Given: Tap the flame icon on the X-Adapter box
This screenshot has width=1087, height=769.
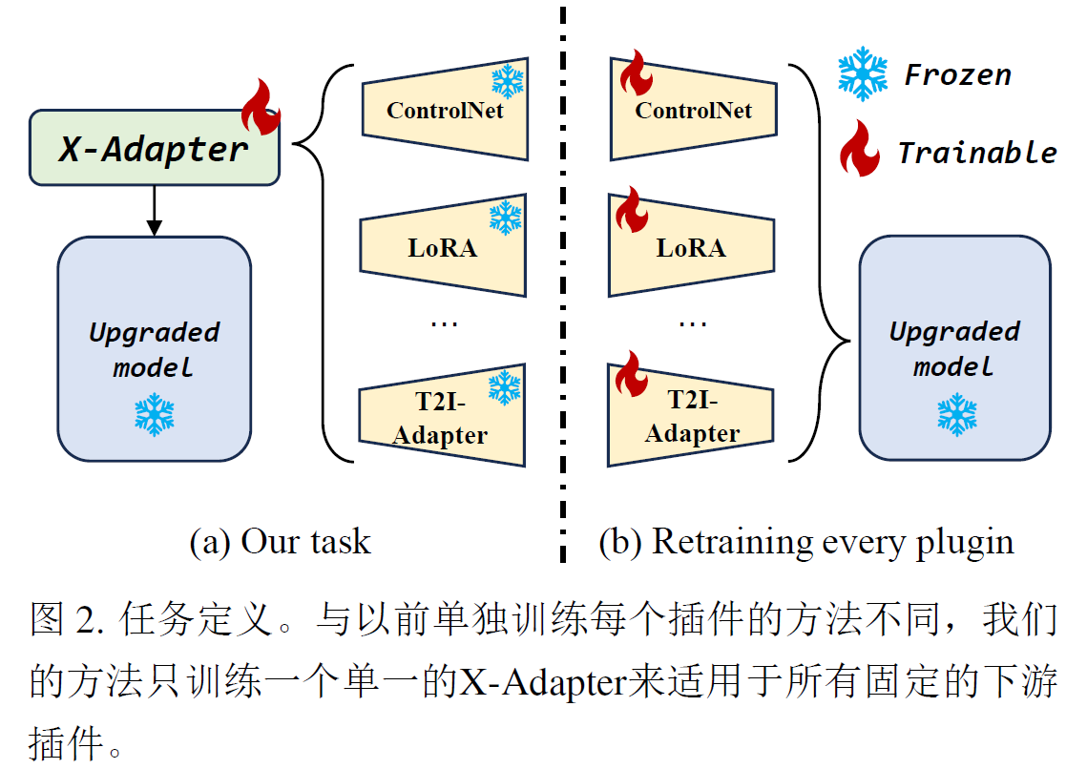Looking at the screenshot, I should [x=261, y=107].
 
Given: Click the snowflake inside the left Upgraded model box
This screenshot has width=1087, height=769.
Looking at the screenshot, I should [x=154, y=414].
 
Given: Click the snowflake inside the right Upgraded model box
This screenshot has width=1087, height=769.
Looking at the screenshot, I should [x=955, y=414].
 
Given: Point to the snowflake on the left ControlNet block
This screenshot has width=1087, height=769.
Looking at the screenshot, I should [x=508, y=81].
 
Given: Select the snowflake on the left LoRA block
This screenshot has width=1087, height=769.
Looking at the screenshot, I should [x=506, y=218].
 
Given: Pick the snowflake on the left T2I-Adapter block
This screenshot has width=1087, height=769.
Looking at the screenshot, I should [x=505, y=386].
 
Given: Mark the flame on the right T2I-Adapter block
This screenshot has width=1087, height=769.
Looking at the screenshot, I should [x=631, y=373].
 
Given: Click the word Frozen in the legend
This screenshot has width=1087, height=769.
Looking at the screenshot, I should [x=957, y=75].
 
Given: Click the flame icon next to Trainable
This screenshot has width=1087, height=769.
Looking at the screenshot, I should [x=859, y=149].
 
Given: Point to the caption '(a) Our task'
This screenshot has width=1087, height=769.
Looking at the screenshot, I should [x=280, y=542].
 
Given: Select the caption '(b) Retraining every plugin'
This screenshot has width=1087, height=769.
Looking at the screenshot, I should [x=805, y=542].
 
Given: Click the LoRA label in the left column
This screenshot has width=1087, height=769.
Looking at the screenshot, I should [x=443, y=248].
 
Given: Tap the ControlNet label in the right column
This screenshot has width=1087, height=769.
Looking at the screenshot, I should [x=694, y=111].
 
